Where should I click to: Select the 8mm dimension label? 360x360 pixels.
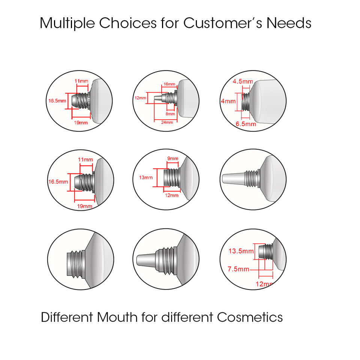click(x=170, y=114)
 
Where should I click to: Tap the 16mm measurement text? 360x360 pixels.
click(x=169, y=84)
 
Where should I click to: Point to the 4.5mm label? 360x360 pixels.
click(x=243, y=81)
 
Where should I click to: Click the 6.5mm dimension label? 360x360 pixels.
click(x=246, y=124)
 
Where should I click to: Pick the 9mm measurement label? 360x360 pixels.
click(x=172, y=159)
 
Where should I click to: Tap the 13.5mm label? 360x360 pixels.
click(x=241, y=251)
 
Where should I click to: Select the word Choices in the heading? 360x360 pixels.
click(x=128, y=23)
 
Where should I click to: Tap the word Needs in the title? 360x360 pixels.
click(x=289, y=23)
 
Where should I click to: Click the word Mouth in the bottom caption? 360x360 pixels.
click(x=117, y=317)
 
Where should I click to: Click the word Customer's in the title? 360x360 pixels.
click(x=224, y=23)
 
